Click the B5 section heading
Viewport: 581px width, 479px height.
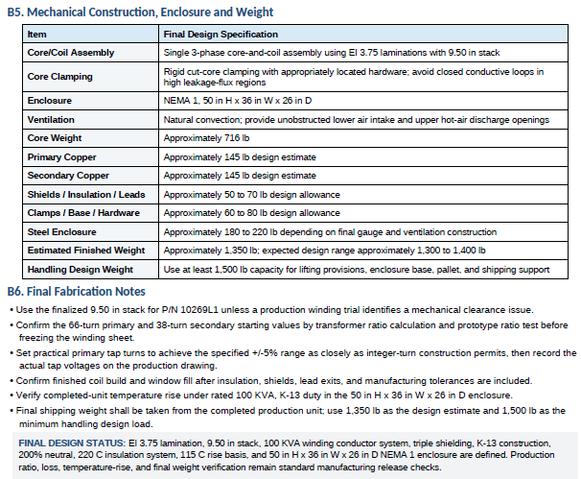[140, 12]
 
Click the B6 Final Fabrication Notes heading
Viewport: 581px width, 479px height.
[77, 291]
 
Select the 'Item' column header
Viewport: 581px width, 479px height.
[37, 35]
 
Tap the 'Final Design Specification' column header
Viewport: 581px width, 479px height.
[221, 35]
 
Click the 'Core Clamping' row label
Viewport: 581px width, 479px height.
[60, 77]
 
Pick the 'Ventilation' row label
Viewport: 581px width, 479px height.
[51, 119]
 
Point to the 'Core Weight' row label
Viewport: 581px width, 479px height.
[55, 138]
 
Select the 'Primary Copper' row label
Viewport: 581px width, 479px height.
[62, 157]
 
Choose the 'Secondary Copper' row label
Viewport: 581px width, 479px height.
[68, 176]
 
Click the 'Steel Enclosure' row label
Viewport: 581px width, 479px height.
[62, 232]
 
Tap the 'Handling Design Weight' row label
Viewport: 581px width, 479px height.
[80, 270]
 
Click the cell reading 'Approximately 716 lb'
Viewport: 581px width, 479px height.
[206, 138]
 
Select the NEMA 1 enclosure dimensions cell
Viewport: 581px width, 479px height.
[238, 101]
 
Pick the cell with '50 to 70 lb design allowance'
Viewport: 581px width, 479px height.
[251, 195]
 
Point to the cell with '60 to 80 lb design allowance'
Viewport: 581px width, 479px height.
[251, 213]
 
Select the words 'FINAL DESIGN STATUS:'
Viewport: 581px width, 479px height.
[72, 443]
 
